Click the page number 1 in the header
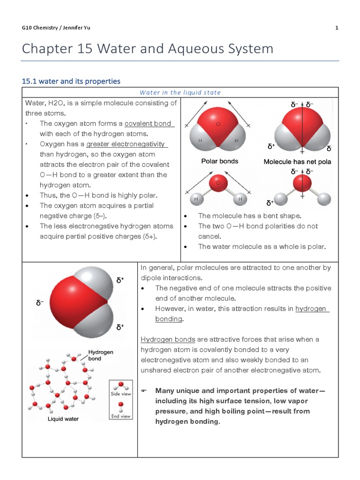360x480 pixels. (x=337, y=28)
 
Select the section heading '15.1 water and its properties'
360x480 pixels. (x=71, y=81)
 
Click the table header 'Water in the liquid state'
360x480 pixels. (x=180, y=92)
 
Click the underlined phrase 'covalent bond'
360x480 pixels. (x=149, y=123)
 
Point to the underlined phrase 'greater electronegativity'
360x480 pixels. (x=127, y=144)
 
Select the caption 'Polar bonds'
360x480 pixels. (x=219, y=161)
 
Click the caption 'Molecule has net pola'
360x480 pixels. (x=297, y=162)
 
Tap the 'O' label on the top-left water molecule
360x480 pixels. (x=217, y=125)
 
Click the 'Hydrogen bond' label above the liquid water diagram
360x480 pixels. (x=101, y=355)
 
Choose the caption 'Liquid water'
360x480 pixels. (x=63, y=419)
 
